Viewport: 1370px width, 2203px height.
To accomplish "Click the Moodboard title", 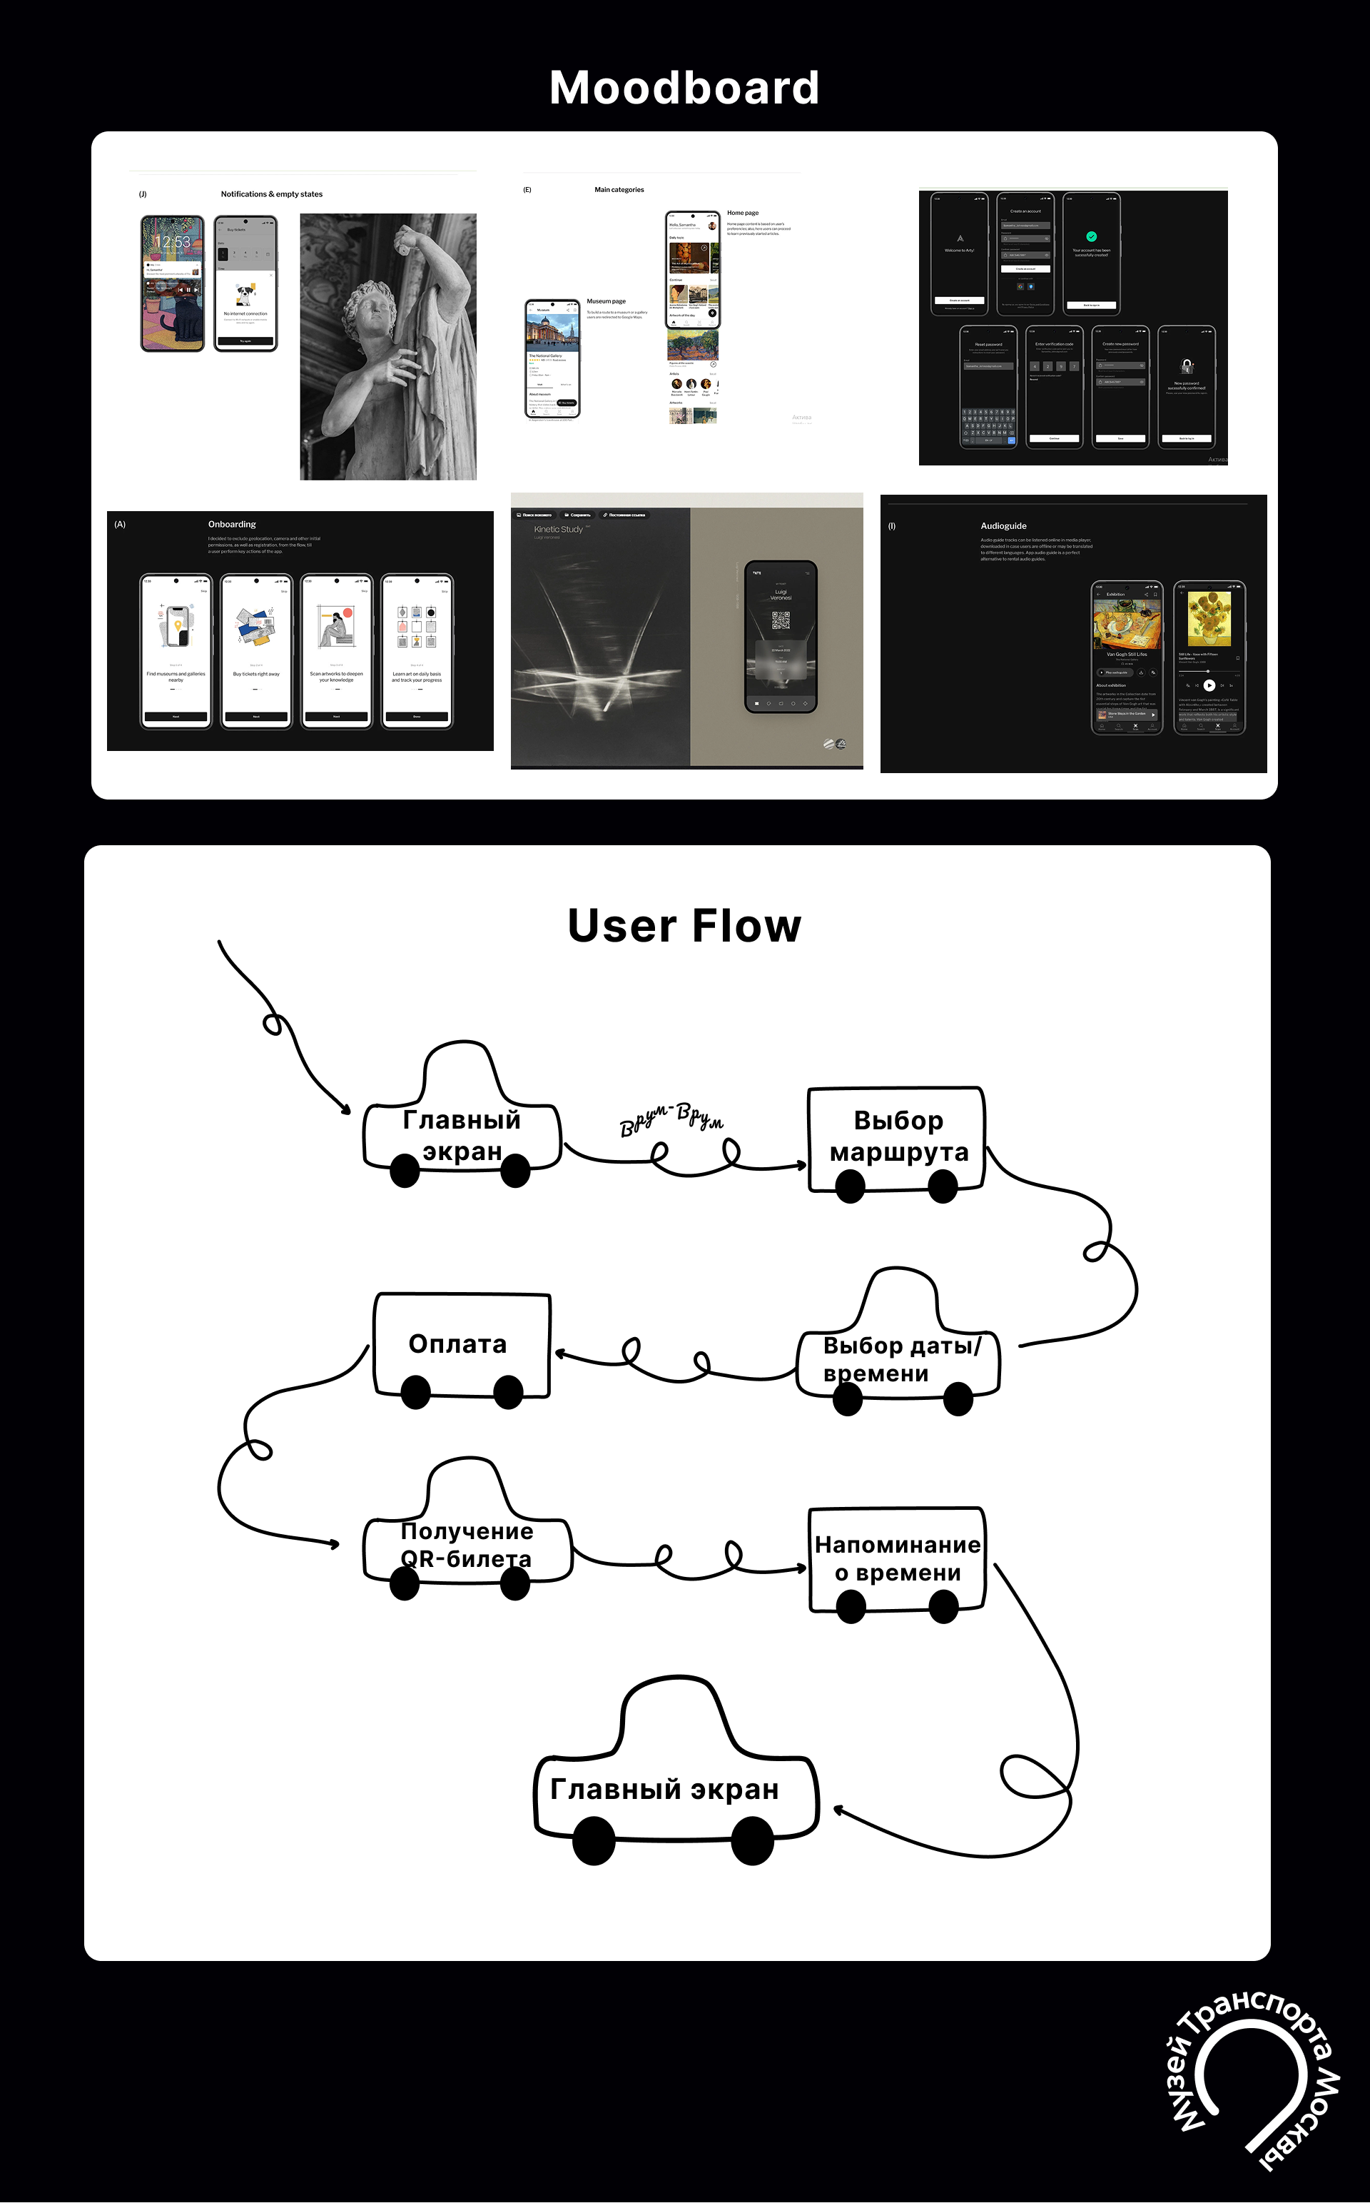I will click(684, 88).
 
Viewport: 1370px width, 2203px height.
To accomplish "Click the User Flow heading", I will click(684, 926).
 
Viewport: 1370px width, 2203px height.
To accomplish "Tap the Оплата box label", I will click(457, 1344).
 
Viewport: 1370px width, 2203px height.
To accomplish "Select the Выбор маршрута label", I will click(899, 1136).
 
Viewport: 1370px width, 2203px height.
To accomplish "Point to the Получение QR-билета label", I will click(467, 1545).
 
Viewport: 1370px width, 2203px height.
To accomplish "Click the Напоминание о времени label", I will click(897, 1558).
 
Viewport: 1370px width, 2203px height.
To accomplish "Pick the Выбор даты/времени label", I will click(900, 1359).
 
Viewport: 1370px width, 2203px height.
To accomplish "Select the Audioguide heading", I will click(1003, 525).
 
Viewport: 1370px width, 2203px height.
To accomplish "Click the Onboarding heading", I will click(232, 525).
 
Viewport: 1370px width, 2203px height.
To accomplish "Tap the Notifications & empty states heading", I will click(271, 194).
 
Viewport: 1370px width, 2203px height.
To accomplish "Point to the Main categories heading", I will click(619, 189).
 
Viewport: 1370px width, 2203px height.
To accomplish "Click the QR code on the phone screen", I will click(780, 620).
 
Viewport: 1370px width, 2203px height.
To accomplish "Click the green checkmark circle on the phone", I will click(1091, 236).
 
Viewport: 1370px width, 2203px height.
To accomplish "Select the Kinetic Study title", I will click(558, 529).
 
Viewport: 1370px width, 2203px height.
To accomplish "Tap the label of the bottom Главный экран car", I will click(664, 1790).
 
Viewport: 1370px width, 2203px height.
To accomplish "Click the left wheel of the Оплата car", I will click(416, 1392).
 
